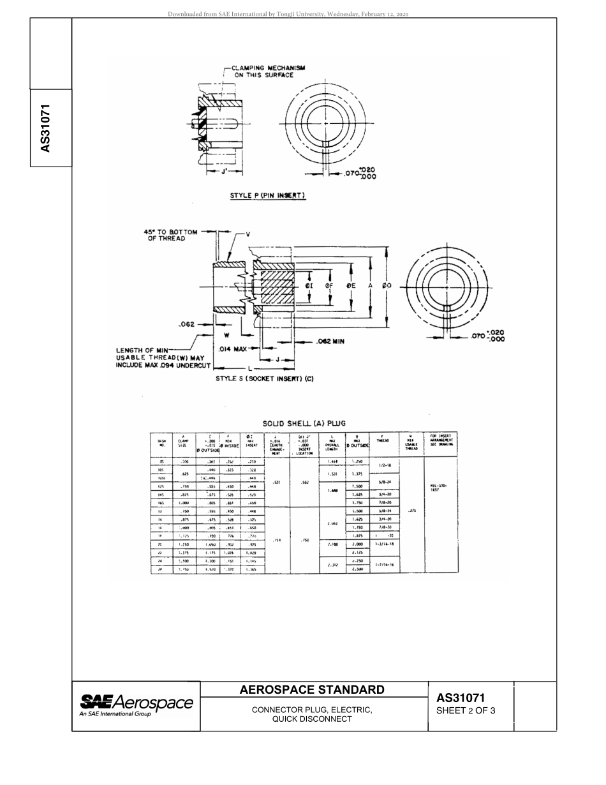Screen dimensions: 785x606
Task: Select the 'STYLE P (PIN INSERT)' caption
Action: pos(268,196)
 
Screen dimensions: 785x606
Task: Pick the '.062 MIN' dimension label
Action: pos(330,341)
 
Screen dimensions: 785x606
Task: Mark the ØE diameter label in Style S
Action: pos(351,286)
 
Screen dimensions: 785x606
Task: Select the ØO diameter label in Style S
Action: pos(387,286)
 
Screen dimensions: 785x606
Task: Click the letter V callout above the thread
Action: pos(248,234)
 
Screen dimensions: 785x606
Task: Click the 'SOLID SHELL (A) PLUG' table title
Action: pos(304,423)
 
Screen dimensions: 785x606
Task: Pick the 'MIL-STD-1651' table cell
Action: pos(441,487)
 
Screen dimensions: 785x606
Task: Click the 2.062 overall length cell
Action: pos(332,523)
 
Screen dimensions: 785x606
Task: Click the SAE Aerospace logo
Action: pos(136,705)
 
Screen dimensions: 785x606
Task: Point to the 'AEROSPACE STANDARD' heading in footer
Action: pos(312,689)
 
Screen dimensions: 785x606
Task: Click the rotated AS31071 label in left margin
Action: pos(45,128)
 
